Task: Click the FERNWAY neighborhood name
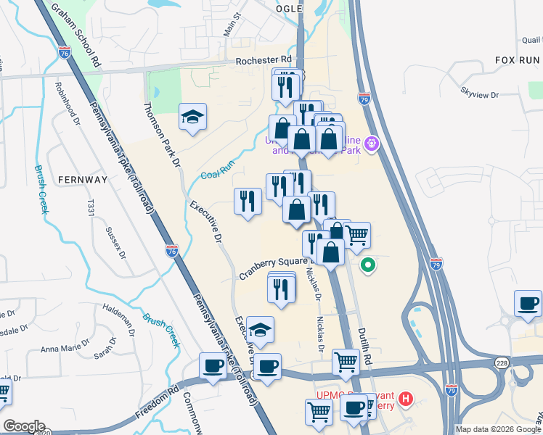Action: [x=83, y=179]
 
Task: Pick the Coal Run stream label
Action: [x=219, y=171]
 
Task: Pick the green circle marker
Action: [x=368, y=265]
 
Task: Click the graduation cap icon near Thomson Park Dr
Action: [x=192, y=117]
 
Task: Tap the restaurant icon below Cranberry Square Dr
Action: [x=281, y=288]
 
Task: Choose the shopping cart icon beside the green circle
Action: [x=356, y=235]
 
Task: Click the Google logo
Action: [x=23, y=426]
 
